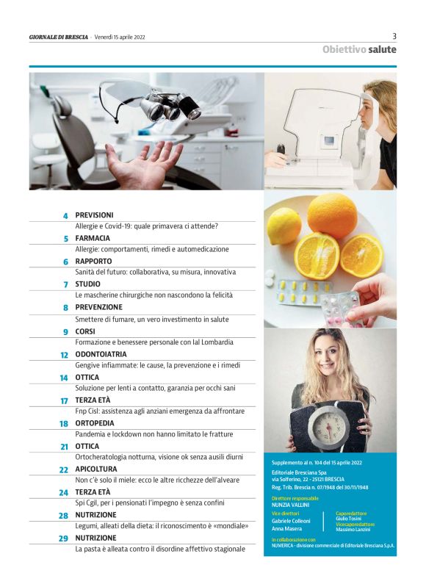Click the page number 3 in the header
pyautogui.click(x=394, y=36)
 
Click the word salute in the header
pyautogui.click(x=382, y=49)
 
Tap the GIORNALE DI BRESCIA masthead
pyautogui.click(x=59, y=37)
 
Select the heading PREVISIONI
pyautogui.click(x=94, y=215)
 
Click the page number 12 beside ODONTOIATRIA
pyautogui.click(x=65, y=355)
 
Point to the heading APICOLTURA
pyautogui.click(x=96, y=469)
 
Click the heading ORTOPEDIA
pyautogui.click(x=95, y=423)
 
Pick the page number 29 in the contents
pyautogui.click(x=63, y=539)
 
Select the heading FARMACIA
pyautogui.click(x=93, y=239)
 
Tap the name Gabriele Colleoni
pyautogui.click(x=291, y=521)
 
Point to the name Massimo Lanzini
pyautogui.click(x=353, y=530)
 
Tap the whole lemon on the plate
pyautogui.click(x=284, y=226)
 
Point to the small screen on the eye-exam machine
pyautogui.click(x=329, y=141)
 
